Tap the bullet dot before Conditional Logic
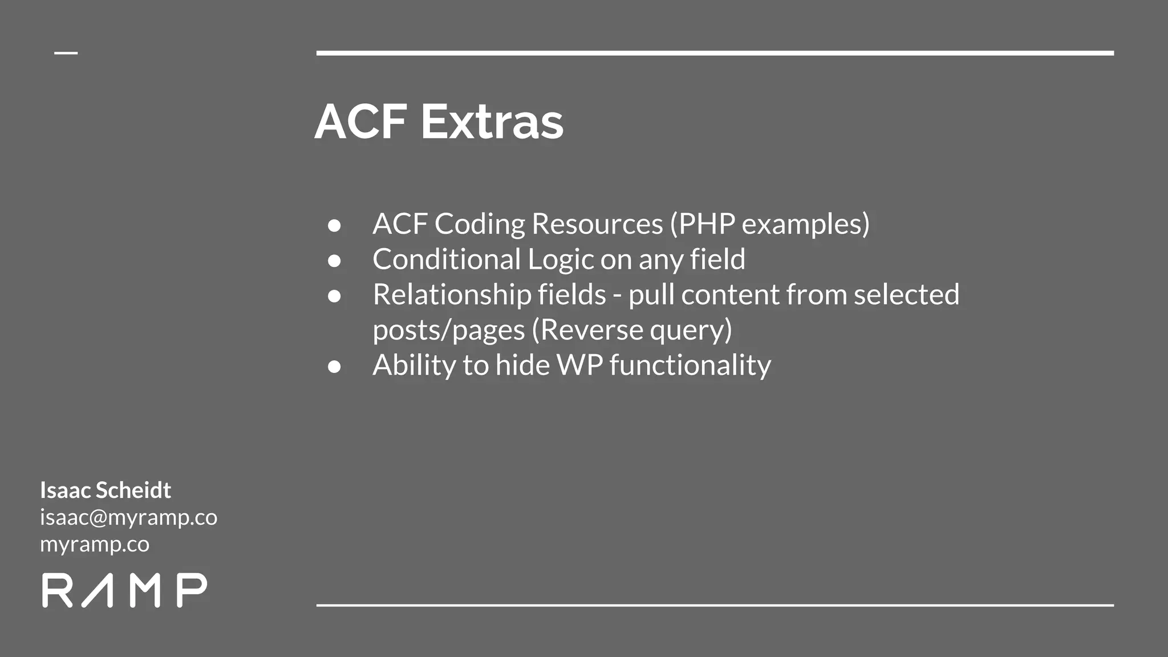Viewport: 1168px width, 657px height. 335,261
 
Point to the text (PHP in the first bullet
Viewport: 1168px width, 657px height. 703,224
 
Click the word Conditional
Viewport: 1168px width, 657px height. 446,259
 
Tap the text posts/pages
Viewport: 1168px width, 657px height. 448,330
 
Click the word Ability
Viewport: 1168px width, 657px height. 414,366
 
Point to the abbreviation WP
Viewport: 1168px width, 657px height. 579,366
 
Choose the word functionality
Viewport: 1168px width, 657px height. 690,366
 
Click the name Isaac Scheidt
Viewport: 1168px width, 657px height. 106,490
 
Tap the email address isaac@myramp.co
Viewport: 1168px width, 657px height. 128,517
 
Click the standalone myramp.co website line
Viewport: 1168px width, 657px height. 95,544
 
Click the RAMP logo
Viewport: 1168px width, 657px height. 124,590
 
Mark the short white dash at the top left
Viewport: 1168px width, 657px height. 66,53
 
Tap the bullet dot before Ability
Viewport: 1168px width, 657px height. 335,366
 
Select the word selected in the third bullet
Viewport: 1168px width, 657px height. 906,295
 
